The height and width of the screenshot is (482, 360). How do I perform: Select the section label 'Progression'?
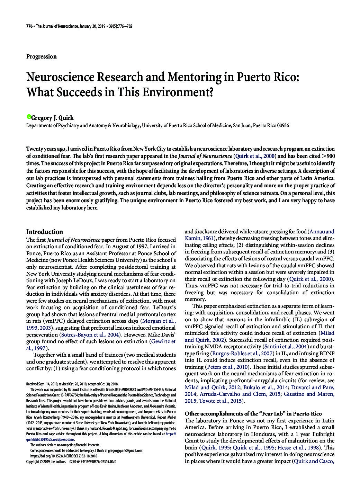coord(41,56)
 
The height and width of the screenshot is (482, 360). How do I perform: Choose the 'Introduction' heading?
coord(45,232)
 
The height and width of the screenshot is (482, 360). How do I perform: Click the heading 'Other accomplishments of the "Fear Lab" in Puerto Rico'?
coord(253,414)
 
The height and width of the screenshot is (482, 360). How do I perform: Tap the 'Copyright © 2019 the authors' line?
coord(46,462)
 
